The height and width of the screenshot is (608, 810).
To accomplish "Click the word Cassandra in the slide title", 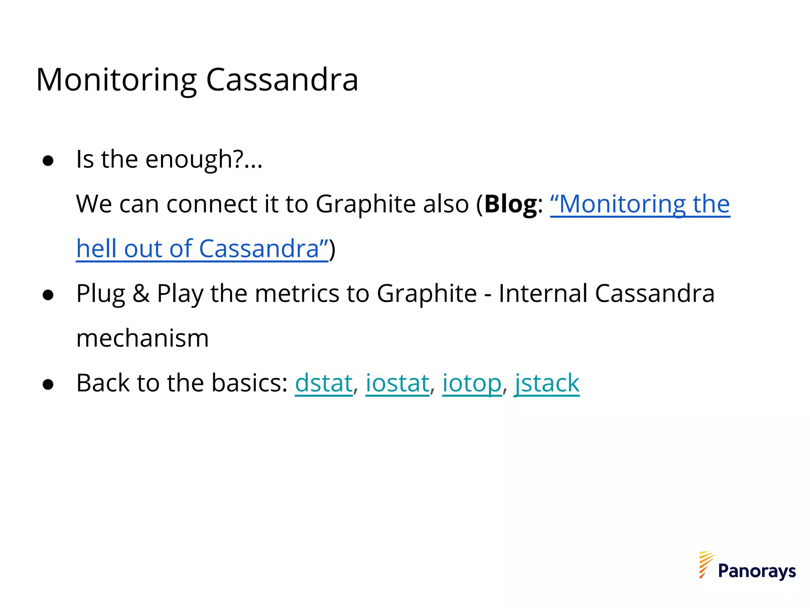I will coord(282,80).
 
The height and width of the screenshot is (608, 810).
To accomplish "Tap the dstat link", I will coord(324,383).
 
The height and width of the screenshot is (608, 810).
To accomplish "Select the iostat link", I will coord(397,383).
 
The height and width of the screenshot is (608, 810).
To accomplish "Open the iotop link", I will coord(471,383).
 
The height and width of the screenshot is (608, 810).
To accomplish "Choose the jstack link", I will coord(547,383).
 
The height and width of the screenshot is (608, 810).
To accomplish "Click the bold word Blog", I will coord(511,204).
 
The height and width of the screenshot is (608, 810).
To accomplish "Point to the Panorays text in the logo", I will coord(757,571).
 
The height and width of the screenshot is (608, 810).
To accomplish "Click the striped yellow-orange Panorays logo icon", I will coord(706,564).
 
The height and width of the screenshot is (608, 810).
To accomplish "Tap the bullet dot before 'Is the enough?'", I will coord(48,161).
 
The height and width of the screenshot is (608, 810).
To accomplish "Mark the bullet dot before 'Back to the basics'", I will coord(48,384).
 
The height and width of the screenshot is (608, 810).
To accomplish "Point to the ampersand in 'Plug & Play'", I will coord(141,294).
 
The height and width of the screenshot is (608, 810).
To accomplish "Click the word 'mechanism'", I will coord(142,339).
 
